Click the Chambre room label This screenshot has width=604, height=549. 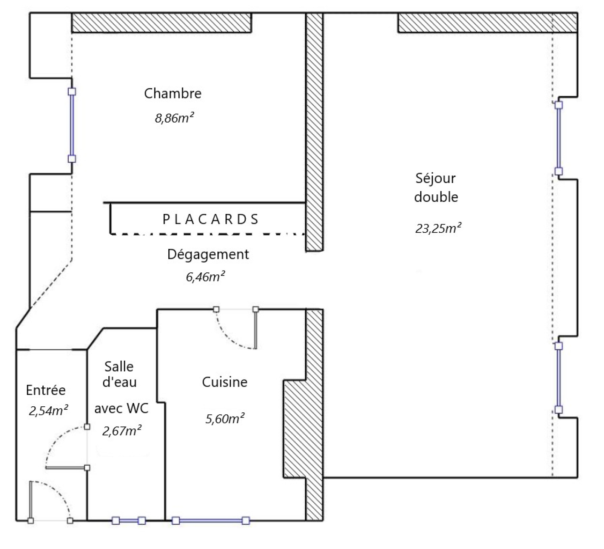tap(173, 93)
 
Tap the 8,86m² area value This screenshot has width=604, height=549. tap(174, 118)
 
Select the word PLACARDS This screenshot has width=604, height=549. tap(211, 219)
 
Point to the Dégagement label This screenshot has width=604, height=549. tap(208, 255)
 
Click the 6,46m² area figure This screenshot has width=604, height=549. tap(205, 277)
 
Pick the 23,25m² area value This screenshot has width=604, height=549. tap(438, 228)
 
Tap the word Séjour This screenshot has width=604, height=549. tap(436, 178)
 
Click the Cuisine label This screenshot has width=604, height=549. tap(225, 382)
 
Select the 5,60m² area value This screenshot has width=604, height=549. tap(225, 418)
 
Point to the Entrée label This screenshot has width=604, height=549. tap(46, 390)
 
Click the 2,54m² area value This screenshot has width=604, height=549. tap(48, 411)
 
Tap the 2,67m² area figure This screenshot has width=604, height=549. tap(122, 431)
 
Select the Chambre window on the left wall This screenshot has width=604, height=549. tap(72, 125)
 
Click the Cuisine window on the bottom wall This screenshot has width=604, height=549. tap(211, 521)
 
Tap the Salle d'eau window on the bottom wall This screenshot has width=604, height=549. tap(129, 521)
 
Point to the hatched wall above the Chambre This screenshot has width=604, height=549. tap(162, 23)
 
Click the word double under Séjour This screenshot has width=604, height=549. tap(436, 197)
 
